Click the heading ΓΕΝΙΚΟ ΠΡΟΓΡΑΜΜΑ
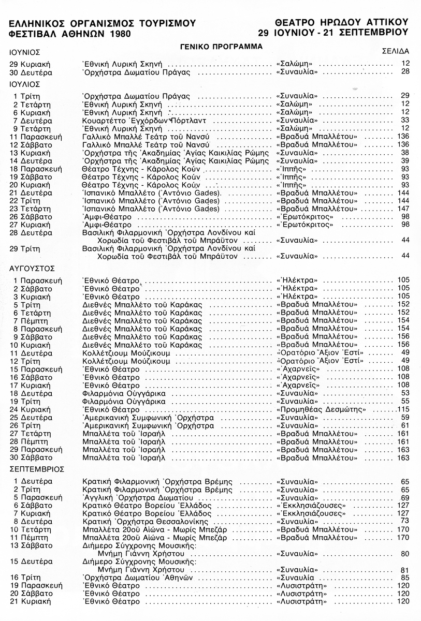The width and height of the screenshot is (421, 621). pyautogui.click(x=221, y=46)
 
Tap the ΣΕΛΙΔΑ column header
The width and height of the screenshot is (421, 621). pyautogui.click(x=395, y=52)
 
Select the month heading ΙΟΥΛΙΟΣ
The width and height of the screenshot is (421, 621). pyautogui.click(x=25, y=84)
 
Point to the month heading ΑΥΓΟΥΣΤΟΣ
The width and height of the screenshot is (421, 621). pyautogui.click(x=33, y=269)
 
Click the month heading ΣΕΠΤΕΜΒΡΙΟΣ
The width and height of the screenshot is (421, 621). pyautogui.click(x=37, y=469)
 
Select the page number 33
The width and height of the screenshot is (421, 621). pyautogui.click(x=405, y=120)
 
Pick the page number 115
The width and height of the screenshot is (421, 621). pyautogui.click(x=402, y=409)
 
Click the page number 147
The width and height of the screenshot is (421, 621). pyautogui.click(x=403, y=209)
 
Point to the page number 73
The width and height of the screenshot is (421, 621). pyautogui.click(x=405, y=520)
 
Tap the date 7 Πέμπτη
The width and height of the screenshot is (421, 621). pyautogui.click(x=31, y=321)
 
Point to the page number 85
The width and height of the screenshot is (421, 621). pyautogui.click(x=405, y=577)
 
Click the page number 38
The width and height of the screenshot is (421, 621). pyautogui.click(x=405, y=153)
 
